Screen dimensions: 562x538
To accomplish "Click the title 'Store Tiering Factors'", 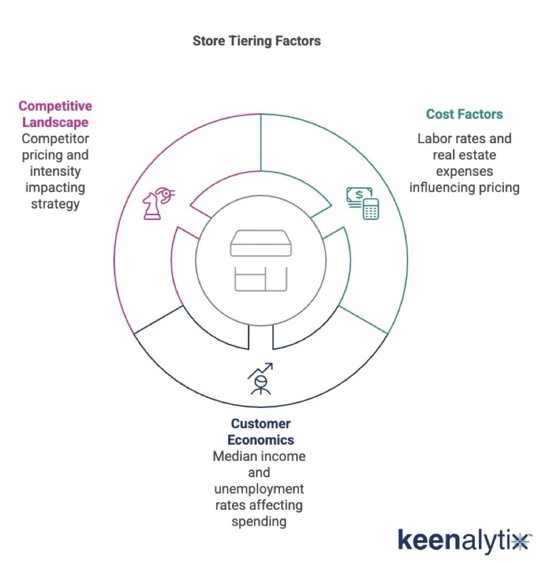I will pyautogui.click(x=256, y=41).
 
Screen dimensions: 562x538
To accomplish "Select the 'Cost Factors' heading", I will pyautogui.click(x=464, y=114).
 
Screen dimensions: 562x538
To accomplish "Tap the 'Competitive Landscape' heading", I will pyautogui.click(x=55, y=114).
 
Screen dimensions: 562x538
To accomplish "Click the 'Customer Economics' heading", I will pyautogui.click(x=260, y=432).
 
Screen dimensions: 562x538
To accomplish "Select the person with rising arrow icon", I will pyautogui.click(x=260, y=379).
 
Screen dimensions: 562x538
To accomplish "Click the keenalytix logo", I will pyautogui.click(x=463, y=541).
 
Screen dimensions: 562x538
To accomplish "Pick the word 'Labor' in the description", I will pyautogui.click(x=433, y=138).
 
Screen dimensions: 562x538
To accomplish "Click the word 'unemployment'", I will pyautogui.click(x=259, y=489).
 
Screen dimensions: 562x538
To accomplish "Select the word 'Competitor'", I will pyautogui.click(x=55, y=138).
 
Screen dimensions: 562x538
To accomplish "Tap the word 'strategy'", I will pyautogui.click(x=55, y=203).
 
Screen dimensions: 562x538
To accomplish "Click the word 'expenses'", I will pyautogui.click(x=464, y=171).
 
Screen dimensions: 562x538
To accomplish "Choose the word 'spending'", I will pyautogui.click(x=259, y=521).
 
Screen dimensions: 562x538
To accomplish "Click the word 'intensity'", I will pyautogui.click(x=55, y=171).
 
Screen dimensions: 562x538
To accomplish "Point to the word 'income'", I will pyautogui.click(x=286, y=456).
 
